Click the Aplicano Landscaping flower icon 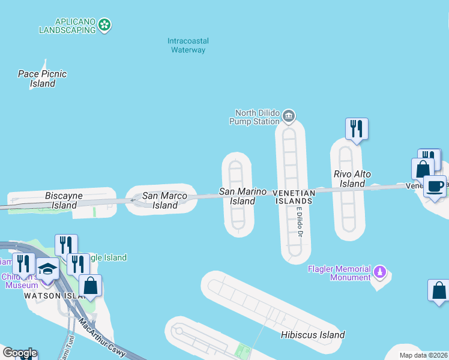tap(105, 25)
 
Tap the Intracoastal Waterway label tap(188, 46)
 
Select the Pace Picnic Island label tap(43, 79)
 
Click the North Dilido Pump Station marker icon tap(289, 115)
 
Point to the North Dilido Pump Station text tap(258, 116)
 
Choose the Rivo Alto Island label tap(352, 179)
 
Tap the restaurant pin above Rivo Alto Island tap(357, 128)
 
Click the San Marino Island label tap(243, 196)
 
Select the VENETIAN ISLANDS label tap(293, 197)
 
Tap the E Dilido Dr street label tap(299, 222)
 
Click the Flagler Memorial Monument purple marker tap(379, 273)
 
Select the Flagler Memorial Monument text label tap(339, 273)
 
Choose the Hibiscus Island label tap(313, 335)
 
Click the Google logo tap(19, 353)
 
